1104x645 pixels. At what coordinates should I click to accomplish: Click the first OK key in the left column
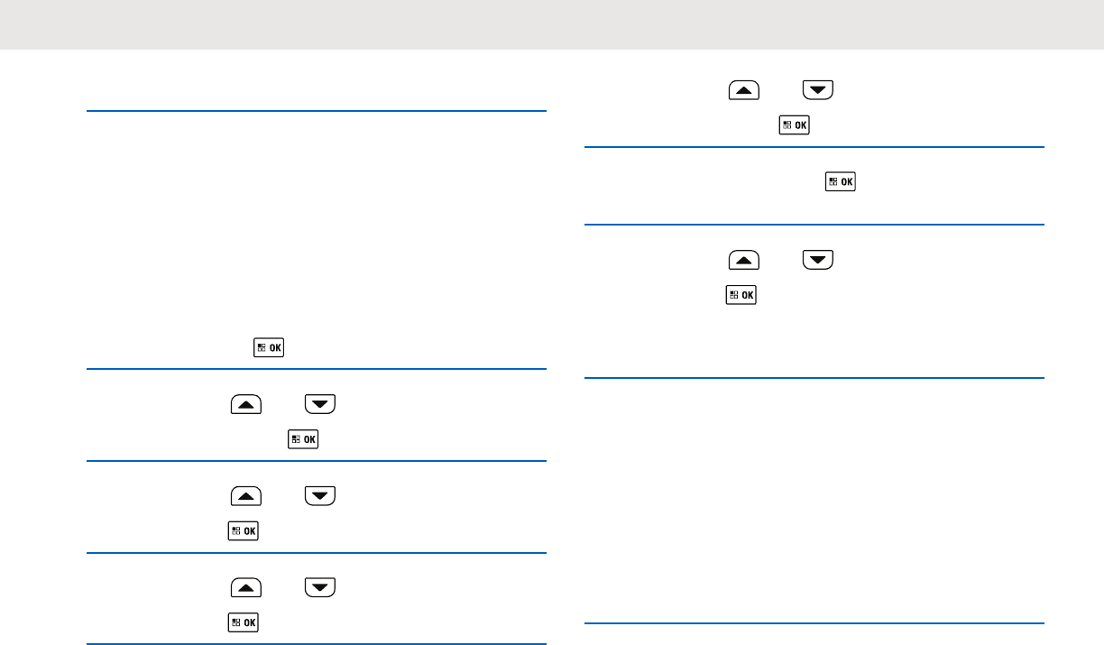point(269,348)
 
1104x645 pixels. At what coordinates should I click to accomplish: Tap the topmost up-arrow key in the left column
point(246,406)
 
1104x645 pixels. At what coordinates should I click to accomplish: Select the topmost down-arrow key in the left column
point(320,406)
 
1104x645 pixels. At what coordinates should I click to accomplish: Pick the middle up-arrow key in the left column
point(246,496)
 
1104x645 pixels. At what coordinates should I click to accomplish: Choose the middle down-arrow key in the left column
point(320,496)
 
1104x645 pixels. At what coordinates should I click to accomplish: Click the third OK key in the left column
point(244,530)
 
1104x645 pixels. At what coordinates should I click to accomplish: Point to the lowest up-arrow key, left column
point(246,588)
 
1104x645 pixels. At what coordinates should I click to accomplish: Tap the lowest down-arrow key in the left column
point(320,588)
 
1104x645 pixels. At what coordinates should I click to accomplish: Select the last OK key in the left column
point(244,622)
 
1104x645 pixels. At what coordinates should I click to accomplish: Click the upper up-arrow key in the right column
point(744,90)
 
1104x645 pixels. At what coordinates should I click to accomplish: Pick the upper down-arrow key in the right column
point(818,90)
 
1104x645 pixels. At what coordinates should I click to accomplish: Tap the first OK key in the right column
point(794,125)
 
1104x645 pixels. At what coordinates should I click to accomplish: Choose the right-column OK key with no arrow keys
point(841,182)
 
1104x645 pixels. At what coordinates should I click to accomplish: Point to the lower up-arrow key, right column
point(744,261)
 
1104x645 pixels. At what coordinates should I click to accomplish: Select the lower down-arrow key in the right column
point(818,261)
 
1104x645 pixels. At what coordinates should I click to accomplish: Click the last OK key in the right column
point(741,295)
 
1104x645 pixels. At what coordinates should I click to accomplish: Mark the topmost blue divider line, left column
point(317,111)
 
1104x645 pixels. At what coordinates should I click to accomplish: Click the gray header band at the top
point(552,24)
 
